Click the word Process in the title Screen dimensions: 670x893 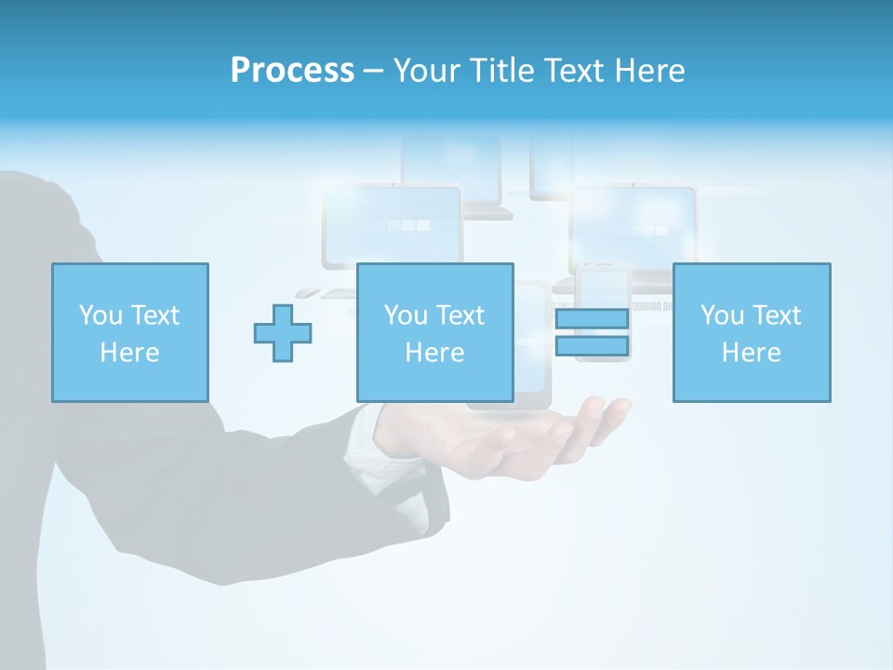pyautogui.click(x=292, y=71)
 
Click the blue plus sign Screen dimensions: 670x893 pyautogui.click(x=283, y=333)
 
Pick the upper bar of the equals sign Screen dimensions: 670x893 pyautogui.click(x=592, y=318)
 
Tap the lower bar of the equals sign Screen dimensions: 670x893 pyautogui.click(x=592, y=346)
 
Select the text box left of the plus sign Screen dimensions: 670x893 pyautogui.click(x=130, y=332)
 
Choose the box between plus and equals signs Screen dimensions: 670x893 pyautogui.click(x=435, y=332)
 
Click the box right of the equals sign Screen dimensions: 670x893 pyautogui.click(x=752, y=332)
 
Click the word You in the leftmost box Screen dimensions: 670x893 pyautogui.click(x=99, y=315)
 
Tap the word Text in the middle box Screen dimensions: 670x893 pyautogui.click(x=460, y=315)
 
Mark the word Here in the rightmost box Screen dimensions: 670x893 pyautogui.click(x=752, y=353)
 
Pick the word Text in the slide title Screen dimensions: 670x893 pyautogui.click(x=570, y=71)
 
